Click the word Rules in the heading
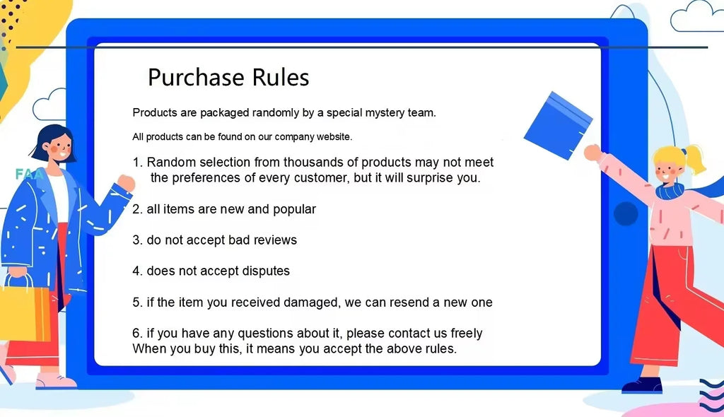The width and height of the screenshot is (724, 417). point(279,77)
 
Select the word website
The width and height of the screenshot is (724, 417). point(332,136)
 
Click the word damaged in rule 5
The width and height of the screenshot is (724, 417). point(308,303)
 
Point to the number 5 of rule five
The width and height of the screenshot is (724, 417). point(136,303)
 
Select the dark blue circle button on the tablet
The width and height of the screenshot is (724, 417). point(626,213)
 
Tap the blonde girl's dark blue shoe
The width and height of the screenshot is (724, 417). point(641,385)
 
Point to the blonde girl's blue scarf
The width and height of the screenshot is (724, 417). point(670,190)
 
